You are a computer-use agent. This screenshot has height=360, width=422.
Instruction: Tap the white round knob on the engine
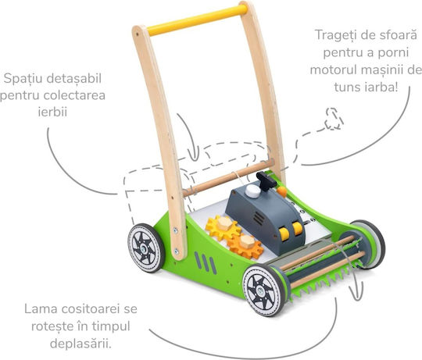point(252,191)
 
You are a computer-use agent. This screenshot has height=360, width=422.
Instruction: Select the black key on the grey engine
point(266,180)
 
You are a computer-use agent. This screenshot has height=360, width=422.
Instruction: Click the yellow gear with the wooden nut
point(223,228)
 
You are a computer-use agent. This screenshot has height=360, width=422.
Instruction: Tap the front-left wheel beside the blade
point(264,290)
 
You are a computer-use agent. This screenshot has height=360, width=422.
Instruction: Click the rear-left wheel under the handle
point(145,248)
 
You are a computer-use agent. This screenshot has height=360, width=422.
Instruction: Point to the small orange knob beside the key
point(281,191)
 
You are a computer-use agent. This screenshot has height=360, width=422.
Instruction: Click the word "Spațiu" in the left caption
point(24,79)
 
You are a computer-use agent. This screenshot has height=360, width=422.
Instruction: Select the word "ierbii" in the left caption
point(52,112)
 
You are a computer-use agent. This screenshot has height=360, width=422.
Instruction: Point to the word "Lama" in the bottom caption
point(41,309)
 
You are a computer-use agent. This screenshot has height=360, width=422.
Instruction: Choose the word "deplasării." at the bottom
point(80,344)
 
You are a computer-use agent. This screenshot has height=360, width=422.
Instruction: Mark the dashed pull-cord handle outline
point(334,119)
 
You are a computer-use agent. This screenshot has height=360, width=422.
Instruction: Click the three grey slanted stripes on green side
point(206,262)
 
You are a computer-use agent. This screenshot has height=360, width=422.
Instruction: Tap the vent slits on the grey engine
point(259,219)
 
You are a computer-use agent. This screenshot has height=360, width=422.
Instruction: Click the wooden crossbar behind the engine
point(228,178)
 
